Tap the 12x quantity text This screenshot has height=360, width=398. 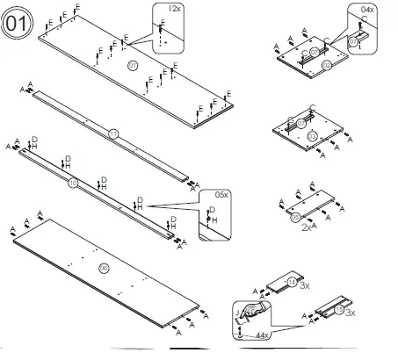point(173,8)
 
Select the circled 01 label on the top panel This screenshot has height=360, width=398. point(134,67)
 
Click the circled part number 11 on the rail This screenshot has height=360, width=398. point(112,134)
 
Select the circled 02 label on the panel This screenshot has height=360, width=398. point(326,66)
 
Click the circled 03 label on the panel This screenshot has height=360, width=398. point(312,137)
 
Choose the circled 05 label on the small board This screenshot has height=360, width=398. point(295,216)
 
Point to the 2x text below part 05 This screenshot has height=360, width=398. point(307,227)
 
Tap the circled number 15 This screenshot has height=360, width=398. point(339,310)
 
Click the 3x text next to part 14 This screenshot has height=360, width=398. point(305,286)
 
